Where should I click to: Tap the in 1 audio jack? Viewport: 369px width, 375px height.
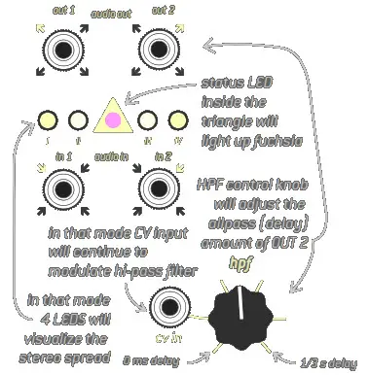tap(64, 189)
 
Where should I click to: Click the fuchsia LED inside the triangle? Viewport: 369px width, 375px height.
tap(113, 120)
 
